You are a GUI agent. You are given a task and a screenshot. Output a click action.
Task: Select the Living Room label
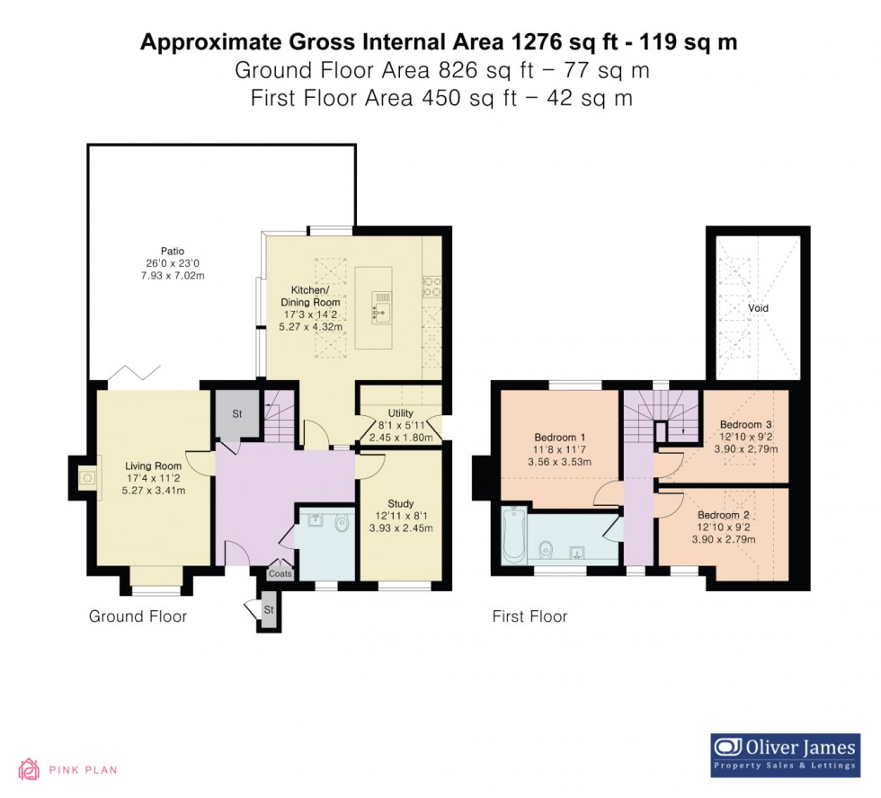point(154,465)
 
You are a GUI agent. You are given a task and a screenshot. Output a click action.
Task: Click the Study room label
point(400,504)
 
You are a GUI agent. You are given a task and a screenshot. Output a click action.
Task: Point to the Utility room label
point(400,413)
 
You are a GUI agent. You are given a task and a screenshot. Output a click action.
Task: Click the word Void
point(758,308)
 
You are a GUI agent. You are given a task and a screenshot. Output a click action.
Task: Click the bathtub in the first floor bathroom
point(513,536)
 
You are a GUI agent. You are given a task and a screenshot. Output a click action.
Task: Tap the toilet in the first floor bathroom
point(545,548)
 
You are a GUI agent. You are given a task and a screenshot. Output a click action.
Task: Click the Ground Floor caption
point(138,616)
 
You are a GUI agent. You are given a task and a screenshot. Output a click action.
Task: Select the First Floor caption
point(529,616)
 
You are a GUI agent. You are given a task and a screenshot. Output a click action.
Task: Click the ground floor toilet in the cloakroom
point(340,524)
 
